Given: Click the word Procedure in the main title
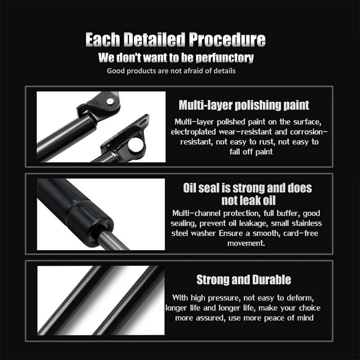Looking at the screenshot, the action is pyautogui.click(x=227, y=40).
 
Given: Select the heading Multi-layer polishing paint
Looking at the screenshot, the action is pyautogui.click(x=244, y=105).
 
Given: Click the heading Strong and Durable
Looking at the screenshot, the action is pyautogui.click(x=244, y=279).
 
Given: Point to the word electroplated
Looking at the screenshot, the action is pyautogui.click(x=193, y=132).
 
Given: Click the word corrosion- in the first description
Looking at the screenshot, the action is pyautogui.click(x=309, y=132).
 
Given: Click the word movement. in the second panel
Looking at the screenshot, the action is pyautogui.click(x=246, y=243).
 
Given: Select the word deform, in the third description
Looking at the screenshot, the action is pyautogui.click(x=300, y=298).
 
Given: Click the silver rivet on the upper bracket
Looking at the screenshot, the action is pyautogui.click(x=110, y=101).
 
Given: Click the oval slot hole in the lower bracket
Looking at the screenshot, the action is pyautogui.click(x=143, y=121).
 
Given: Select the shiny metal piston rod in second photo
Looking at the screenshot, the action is pyautogui.click(x=113, y=241).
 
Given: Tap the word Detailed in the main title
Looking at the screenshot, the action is pyautogui.click(x=154, y=40).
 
